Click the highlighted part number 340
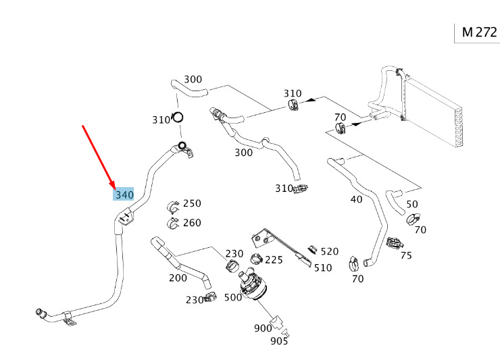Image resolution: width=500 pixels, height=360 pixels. click(124, 195)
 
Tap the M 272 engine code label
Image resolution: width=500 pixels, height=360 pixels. click(480, 32)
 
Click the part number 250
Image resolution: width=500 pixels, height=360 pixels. click(192, 203)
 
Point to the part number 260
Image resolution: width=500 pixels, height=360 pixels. click(192, 223)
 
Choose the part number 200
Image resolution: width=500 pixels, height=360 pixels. click(178, 278)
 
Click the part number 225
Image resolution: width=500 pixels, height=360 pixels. click(274, 259)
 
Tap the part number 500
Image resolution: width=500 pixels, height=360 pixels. click(233, 297)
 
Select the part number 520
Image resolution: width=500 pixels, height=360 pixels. click(329, 251)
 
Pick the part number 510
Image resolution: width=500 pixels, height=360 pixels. click(323, 267)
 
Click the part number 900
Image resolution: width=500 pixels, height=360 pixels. click(263, 328)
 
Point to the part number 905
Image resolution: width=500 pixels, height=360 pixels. click(279, 341)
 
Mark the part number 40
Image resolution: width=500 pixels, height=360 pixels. click(356, 199)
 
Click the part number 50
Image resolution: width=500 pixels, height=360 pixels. click(411, 204)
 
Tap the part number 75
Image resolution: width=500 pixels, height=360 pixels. click(405, 255)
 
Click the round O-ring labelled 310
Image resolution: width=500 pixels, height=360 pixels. click(179, 118)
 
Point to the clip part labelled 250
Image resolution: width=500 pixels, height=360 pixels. click(172, 205)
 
